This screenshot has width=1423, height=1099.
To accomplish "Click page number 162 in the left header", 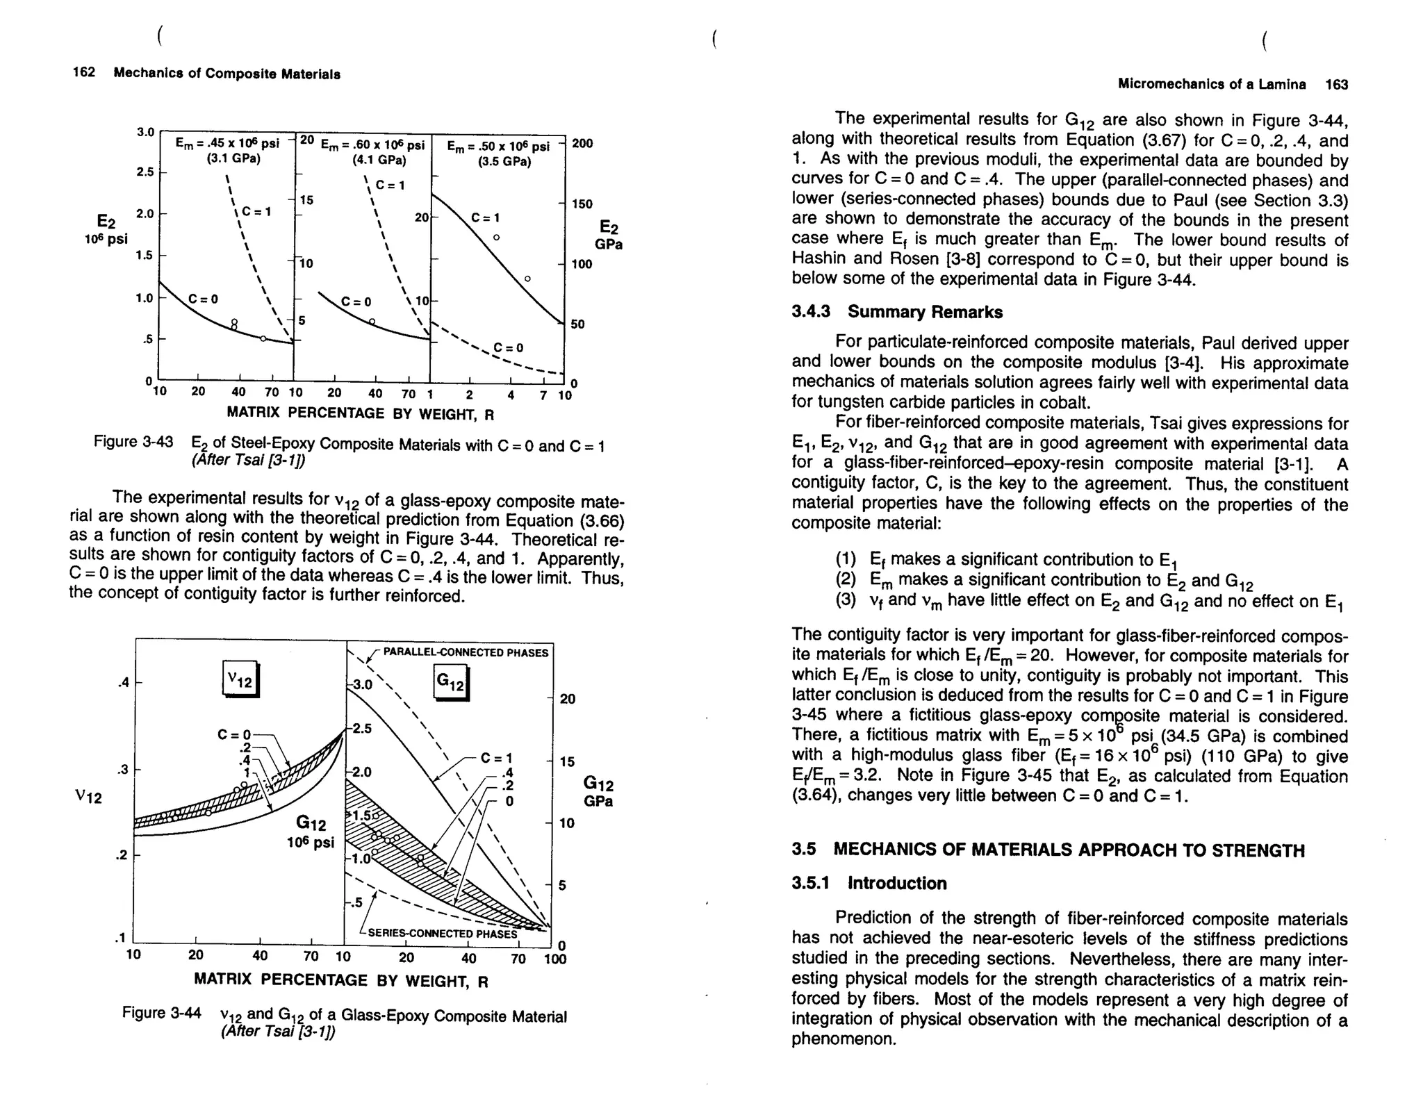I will (83, 73).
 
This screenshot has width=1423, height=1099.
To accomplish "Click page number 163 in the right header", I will (1336, 85).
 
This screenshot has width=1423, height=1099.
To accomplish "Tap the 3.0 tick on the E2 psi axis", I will (145, 132).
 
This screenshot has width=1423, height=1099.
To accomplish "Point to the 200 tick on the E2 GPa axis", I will (582, 144).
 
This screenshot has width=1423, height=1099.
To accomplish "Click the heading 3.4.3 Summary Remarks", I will (896, 312).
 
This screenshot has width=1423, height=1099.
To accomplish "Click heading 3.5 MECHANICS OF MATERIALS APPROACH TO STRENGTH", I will (1047, 850).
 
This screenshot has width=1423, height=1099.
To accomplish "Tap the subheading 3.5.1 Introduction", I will (869, 883).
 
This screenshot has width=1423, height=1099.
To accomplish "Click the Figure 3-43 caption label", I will (133, 442).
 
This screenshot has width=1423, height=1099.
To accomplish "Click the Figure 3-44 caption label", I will (161, 1012).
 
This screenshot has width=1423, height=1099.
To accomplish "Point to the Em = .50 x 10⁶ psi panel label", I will (497, 147).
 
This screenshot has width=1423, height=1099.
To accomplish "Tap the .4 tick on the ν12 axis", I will (123, 682).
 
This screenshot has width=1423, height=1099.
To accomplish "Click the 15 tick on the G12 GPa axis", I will (566, 762).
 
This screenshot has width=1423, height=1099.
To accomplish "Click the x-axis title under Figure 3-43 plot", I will (360, 414).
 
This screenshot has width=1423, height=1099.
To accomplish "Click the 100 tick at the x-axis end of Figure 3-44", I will (556, 959).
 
